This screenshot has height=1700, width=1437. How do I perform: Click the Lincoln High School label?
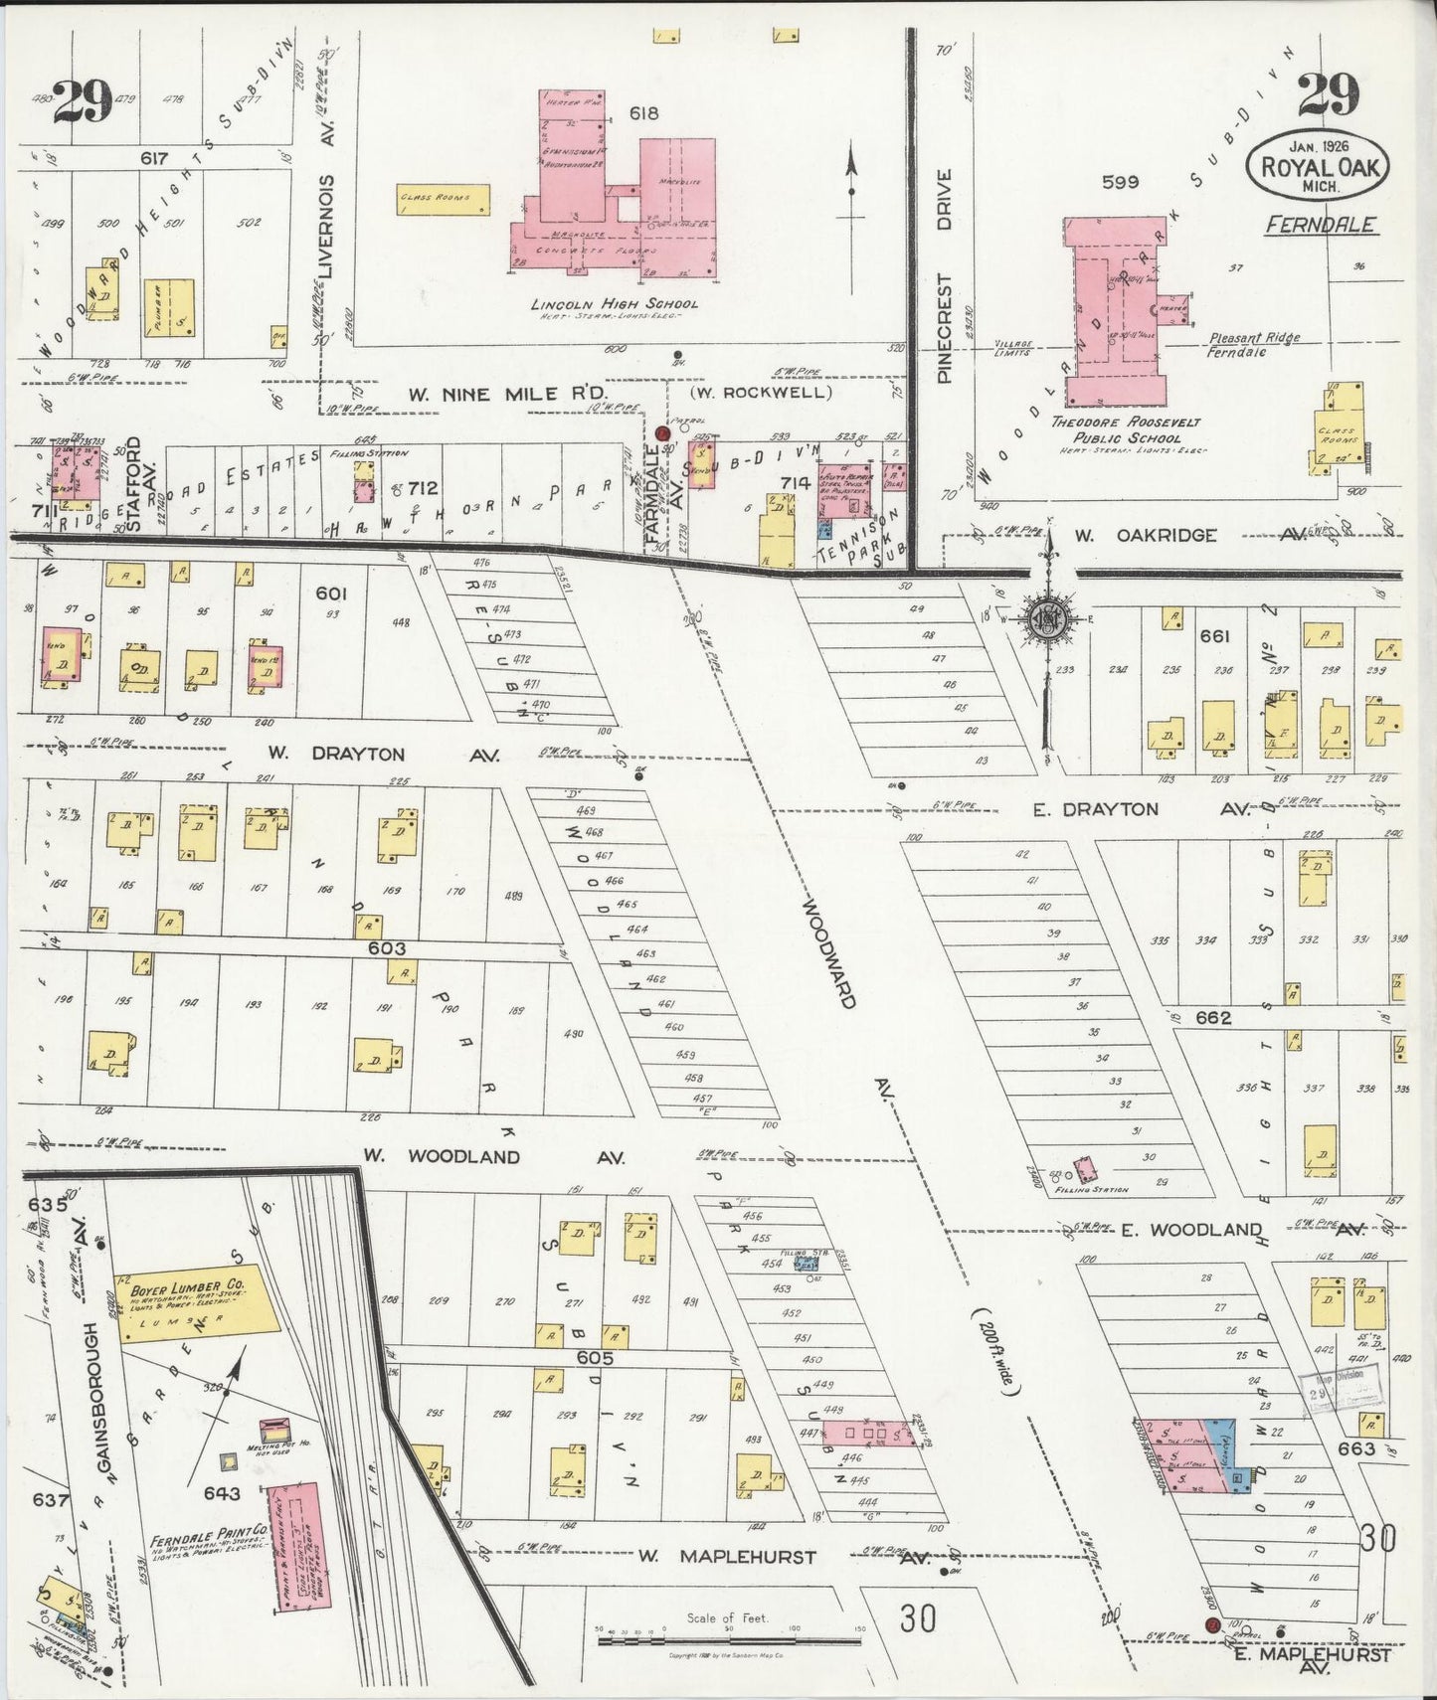pos(613,304)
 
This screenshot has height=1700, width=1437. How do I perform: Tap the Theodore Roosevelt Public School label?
pos(1126,429)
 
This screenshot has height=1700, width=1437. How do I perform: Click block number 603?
pos(386,948)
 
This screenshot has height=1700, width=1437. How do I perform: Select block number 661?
pos(1214,636)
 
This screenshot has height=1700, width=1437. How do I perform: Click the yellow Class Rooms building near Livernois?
pos(444,199)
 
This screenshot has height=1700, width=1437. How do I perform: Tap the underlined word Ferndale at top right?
pos(1320,225)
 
